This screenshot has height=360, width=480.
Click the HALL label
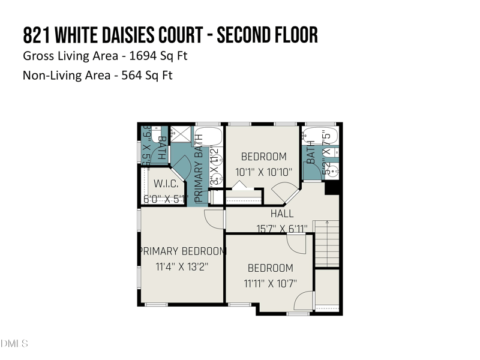(x=282, y=214)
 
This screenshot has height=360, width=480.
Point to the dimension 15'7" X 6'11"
(x=282, y=229)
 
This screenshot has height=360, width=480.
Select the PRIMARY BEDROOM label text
(x=182, y=251)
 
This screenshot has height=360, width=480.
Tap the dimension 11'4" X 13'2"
(x=182, y=266)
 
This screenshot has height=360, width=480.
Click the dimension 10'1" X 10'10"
(x=263, y=172)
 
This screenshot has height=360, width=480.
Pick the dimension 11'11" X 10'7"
(x=270, y=283)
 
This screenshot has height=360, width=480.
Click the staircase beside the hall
(x=327, y=242)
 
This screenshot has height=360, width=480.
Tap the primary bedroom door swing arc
(x=212, y=218)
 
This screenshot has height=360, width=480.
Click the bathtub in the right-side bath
(x=320, y=135)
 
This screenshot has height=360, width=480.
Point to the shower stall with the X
(x=179, y=134)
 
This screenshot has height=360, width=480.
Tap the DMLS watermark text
(x=14, y=344)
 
